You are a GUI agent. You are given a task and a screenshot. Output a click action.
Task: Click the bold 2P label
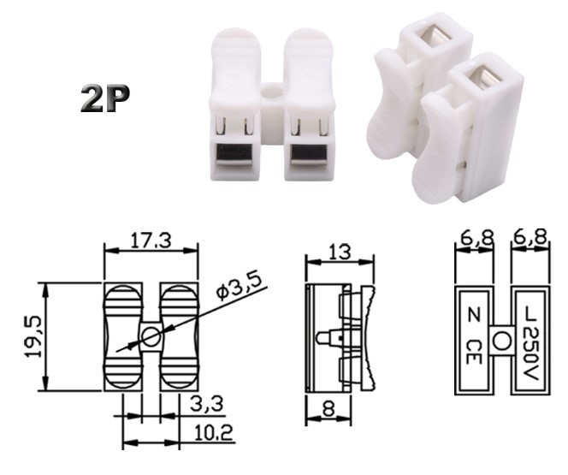105,100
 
